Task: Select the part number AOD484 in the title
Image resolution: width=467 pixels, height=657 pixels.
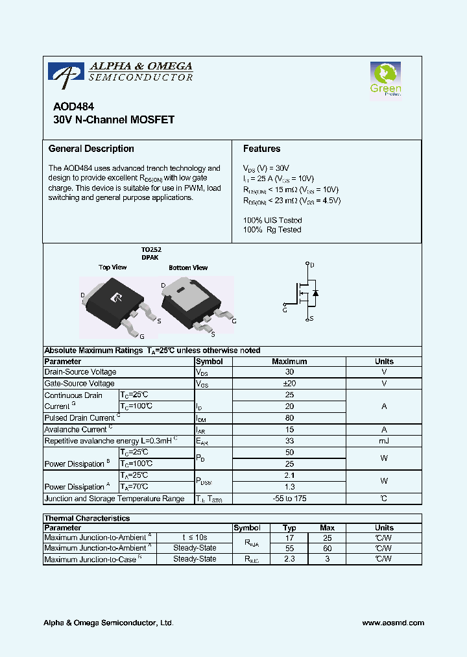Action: [68, 108]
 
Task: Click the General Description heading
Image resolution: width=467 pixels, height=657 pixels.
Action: [91, 149]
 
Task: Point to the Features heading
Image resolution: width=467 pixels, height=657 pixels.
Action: [261, 149]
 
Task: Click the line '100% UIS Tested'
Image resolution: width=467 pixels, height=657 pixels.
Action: [272, 220]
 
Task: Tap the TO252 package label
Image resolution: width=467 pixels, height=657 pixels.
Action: [151, 249]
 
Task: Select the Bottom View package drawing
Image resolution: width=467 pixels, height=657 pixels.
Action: [193, 302]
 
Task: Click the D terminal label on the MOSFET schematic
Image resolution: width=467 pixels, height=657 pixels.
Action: [313, 265]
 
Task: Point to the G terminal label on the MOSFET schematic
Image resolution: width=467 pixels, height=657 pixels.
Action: [284, 309]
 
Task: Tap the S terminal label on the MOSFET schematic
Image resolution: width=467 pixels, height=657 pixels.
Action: [313, 318]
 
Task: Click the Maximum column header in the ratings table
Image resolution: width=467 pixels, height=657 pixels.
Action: [289, 361]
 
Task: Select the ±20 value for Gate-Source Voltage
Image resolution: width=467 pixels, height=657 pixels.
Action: [289, 384]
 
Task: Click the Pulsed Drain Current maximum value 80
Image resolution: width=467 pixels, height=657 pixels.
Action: [289, 418]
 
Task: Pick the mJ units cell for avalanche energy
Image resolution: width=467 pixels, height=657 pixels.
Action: [384, 441]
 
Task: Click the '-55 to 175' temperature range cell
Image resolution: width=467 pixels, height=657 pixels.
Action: [289, 499]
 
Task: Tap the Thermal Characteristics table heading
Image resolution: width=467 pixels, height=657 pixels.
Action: [87, 518]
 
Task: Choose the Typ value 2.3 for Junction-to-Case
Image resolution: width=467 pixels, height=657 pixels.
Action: [290, 558]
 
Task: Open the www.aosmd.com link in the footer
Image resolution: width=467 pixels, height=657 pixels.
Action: [393, 623]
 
